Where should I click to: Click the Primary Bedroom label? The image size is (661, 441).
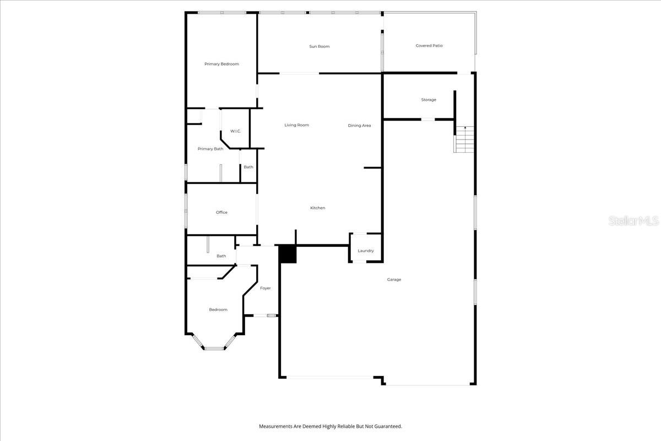(x=221, y=64)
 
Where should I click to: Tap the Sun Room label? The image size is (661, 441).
(x=319, y=46)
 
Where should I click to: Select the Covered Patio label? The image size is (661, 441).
(x=429, y=46)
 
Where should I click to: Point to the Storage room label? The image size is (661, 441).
(x=429, y=100)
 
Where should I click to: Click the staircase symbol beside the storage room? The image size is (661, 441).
(x=464, y=140)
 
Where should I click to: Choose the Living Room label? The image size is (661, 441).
(x=296, y=125)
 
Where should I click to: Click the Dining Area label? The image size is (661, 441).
(x=359, y=126)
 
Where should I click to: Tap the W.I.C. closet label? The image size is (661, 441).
(x=236, y=131)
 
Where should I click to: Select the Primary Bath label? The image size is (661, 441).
(x=210, y=149)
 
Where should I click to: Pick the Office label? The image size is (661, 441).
(x=221, y=212)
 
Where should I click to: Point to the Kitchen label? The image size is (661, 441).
(x=318, y=208)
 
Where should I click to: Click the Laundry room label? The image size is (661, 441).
(x=366, y=251)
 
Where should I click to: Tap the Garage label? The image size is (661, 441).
(x=394, y=279)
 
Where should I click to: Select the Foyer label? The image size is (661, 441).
(x=266, y=288)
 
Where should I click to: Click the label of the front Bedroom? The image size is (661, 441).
(x=218, y=310)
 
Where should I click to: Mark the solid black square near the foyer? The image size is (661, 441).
(x=288, y=254)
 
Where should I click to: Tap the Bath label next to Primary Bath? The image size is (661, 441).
(x=248, y=167)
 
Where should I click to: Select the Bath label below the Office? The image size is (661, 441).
(x=221, y=256)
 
